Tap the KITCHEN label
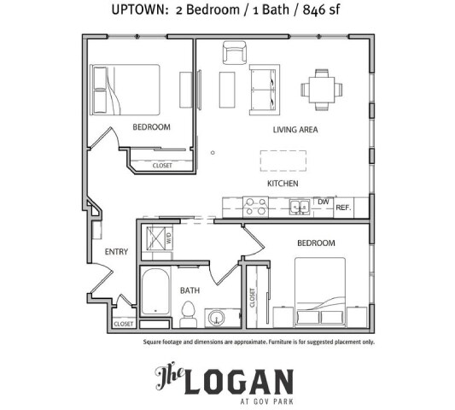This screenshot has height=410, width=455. pyautogui.click(x=283, y=184)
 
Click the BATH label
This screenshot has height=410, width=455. pyautogui.click(x=190, y=290)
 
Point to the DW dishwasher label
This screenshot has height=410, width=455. pyautogui.click(x=323, y=202)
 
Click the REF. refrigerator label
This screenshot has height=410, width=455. pyautogui.click(x=344, y=208)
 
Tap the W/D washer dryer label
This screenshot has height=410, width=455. pyautogui.click(x=168, y=240)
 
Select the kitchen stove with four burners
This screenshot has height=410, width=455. pyautogui.click(x=255, y=206)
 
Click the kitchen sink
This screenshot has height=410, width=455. pyautogui.click(x=298, y=206)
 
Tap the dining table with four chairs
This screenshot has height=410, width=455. pyautogui.click(x=321, y=88)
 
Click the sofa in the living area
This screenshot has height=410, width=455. pyautogui.click(x=262, y=90)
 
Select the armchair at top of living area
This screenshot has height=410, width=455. pyautogui.click(x=235, y=53)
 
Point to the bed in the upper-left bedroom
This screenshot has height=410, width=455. pyautogui.click(x=125, y=90)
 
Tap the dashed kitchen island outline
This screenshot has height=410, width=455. pyautogui.click(x=283, y=160)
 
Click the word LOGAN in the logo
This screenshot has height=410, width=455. pyautogui.click(x=242, y=378)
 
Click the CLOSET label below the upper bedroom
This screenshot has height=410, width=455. pyautogui.click(x=162, y=166)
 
